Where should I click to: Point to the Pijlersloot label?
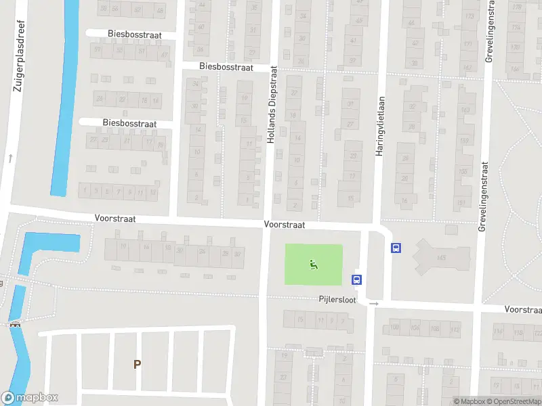[x=337, y=298]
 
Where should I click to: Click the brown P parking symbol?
[x=137, y=364]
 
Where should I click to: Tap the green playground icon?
[x=313, y=264]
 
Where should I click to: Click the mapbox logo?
[x=30, y=398]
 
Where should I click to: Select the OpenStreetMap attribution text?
[x=513, y=401]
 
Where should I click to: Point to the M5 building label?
[x=442, y=257]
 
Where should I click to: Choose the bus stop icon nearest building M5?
[x=396, y=248]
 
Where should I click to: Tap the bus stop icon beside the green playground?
[x=356, y=279]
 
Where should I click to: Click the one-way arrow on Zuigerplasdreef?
[x=11, y=158]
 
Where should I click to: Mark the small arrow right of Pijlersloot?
[x=374, y=304]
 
